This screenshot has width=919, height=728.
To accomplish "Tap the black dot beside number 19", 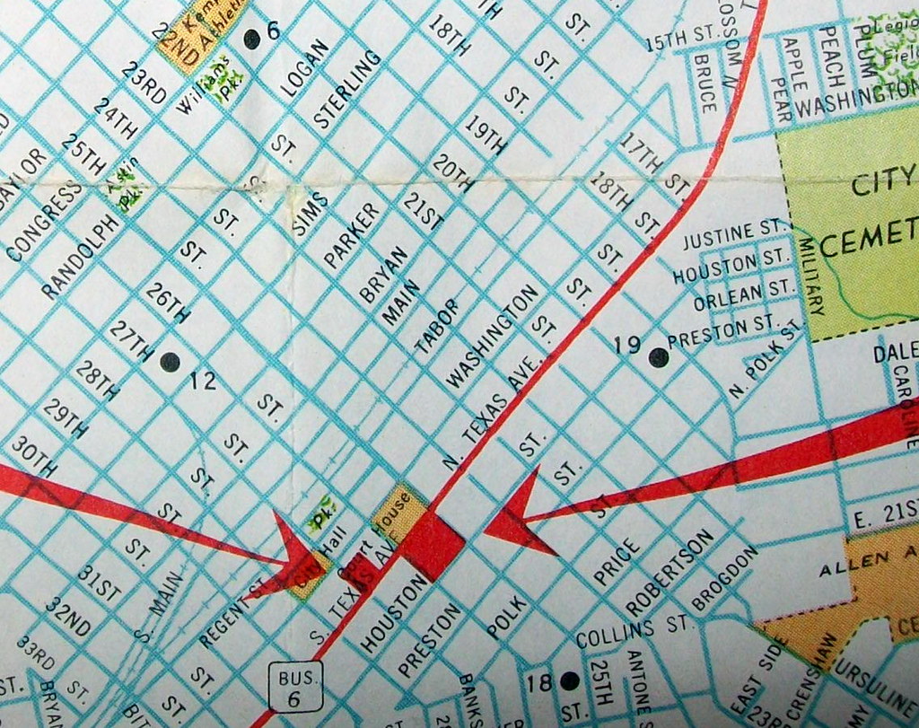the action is click(x=659, y=357).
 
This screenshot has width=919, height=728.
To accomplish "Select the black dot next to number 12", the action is click(x=169, y=362).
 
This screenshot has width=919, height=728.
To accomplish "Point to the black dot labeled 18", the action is click(x=567, y=681).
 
